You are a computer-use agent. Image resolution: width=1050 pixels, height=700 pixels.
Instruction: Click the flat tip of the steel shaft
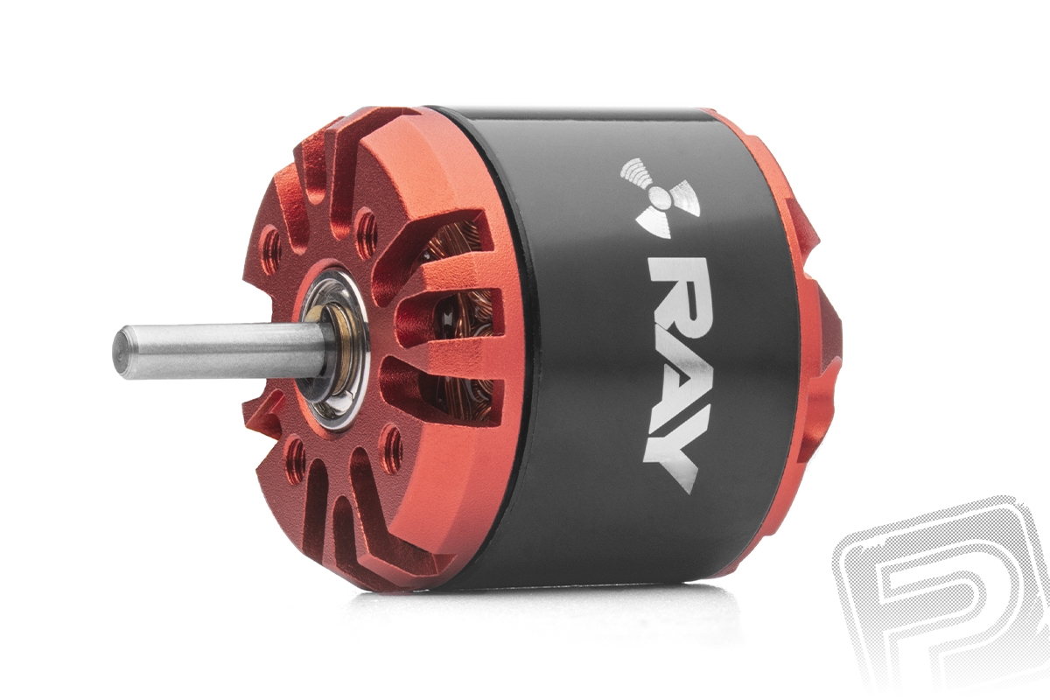[x=121, y=352]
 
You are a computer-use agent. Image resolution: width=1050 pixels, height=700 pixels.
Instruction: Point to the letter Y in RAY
[x=671, y=449]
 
